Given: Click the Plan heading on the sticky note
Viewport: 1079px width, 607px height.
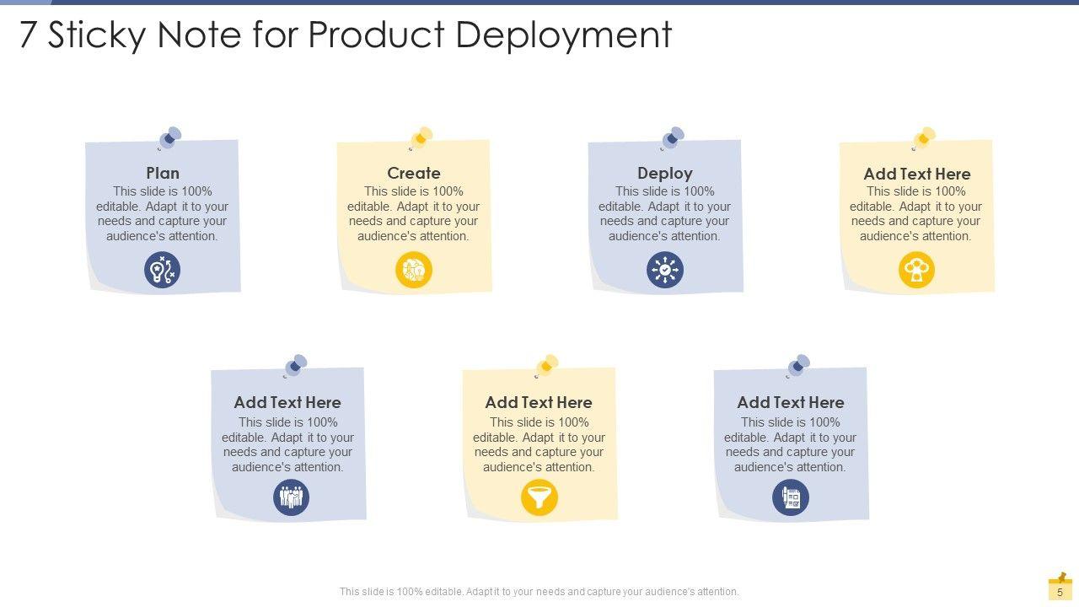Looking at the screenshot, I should point(163,173).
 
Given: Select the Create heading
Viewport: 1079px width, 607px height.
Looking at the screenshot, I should point(414,173).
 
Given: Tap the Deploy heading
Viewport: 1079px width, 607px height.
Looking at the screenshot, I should point(665,173).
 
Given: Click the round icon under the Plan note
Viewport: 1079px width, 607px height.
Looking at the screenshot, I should point(163,271).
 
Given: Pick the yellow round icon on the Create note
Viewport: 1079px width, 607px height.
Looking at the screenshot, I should point(414,271).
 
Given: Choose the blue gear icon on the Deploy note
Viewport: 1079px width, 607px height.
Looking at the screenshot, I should point(665,271).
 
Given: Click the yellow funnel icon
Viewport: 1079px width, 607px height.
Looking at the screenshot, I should point(539,497).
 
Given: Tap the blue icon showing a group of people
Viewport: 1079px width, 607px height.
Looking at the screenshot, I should point(292,497).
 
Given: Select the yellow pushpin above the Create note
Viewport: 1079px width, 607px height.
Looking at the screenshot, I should point(421,137).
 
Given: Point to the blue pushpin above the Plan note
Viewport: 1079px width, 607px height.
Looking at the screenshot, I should point(169,137).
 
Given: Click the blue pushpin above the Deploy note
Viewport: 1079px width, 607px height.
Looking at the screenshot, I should point(672,137).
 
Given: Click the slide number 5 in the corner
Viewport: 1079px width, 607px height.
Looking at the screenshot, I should point(1060,593).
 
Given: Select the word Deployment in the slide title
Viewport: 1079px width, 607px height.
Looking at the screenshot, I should point(564,35).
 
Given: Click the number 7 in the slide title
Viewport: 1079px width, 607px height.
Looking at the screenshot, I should point(29,35).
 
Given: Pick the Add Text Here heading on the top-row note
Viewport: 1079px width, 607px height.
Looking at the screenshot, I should point(917,174).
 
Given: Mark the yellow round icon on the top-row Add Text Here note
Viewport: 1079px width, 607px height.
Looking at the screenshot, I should point(916,271).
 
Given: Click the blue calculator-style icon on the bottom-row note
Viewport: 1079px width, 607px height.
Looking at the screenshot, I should point(791,497).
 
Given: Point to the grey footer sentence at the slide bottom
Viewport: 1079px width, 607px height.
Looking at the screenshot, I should point(539,592).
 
